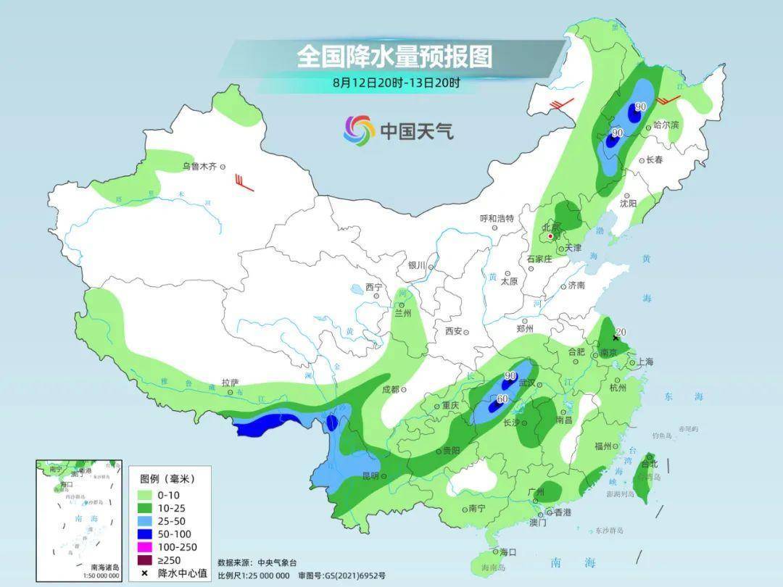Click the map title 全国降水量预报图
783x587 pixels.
click(394, 57)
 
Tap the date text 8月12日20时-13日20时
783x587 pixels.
click(397, 83)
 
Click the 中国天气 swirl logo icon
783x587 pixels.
click(360, 130)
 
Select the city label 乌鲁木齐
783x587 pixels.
click(199, 167)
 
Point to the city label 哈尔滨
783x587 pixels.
click(666, 125)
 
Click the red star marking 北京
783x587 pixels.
click(551, 236)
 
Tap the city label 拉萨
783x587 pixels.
click(230, 383)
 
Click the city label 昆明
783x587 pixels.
click(370, 476)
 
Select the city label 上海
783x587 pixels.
click(644, 362)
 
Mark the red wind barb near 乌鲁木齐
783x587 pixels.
click(244, 182)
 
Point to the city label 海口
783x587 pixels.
click(507, 552)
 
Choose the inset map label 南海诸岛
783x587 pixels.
click(104, 567)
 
